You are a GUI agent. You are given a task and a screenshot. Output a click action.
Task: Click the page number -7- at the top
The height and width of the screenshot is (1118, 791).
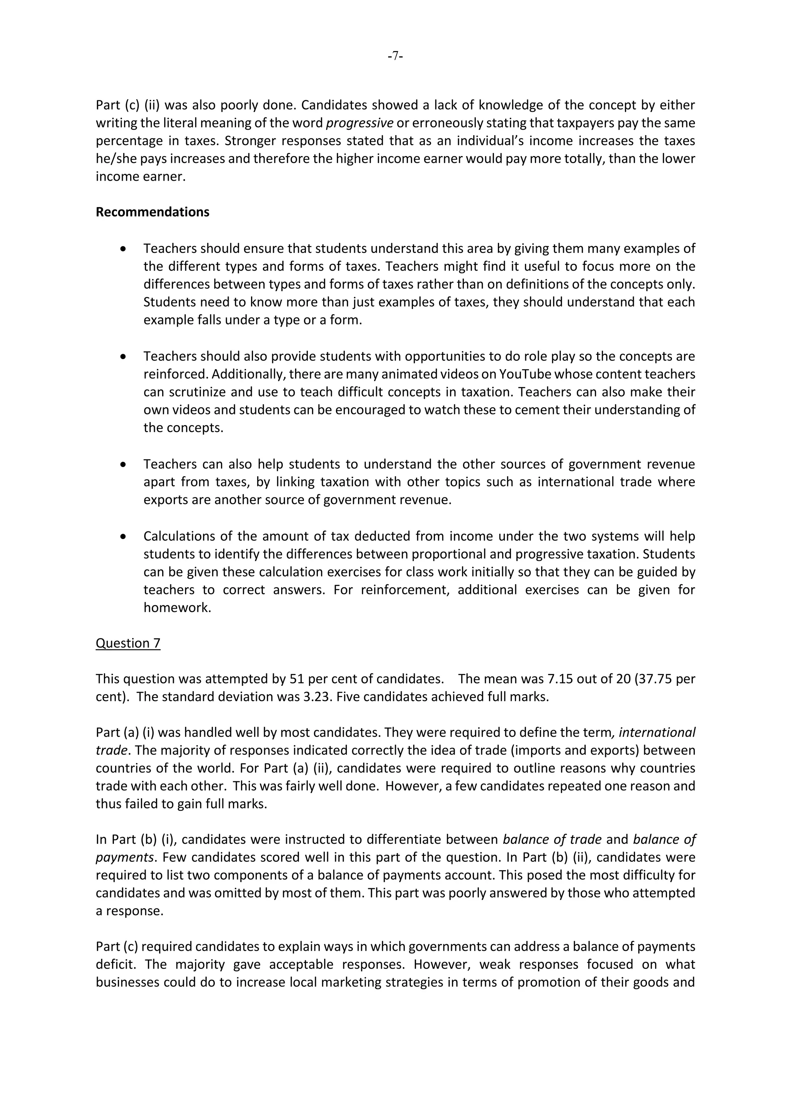395,56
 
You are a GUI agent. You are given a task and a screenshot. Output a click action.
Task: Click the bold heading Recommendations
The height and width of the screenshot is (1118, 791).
153,212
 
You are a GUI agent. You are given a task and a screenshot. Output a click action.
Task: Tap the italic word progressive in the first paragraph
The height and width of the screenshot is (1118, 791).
360,123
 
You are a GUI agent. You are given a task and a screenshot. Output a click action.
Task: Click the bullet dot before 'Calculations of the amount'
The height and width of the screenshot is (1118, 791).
123,536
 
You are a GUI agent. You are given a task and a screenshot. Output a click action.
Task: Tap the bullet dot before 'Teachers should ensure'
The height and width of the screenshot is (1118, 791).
123,249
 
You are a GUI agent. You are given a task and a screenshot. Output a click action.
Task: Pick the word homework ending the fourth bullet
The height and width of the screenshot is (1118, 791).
177,608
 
